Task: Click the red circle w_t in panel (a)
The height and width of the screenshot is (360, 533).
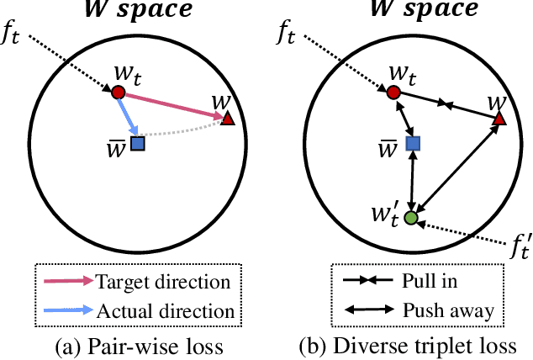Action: (119, 92)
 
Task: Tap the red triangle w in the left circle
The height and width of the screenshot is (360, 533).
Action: (227, 120)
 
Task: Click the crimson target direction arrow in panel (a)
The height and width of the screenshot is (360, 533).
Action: (172, 106)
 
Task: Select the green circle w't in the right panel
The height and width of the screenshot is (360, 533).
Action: (410, 218)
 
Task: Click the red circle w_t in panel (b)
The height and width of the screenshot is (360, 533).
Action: (392, 92)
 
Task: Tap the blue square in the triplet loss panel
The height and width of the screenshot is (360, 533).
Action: (412, 144)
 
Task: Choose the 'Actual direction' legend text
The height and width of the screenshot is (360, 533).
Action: (166, 310)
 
